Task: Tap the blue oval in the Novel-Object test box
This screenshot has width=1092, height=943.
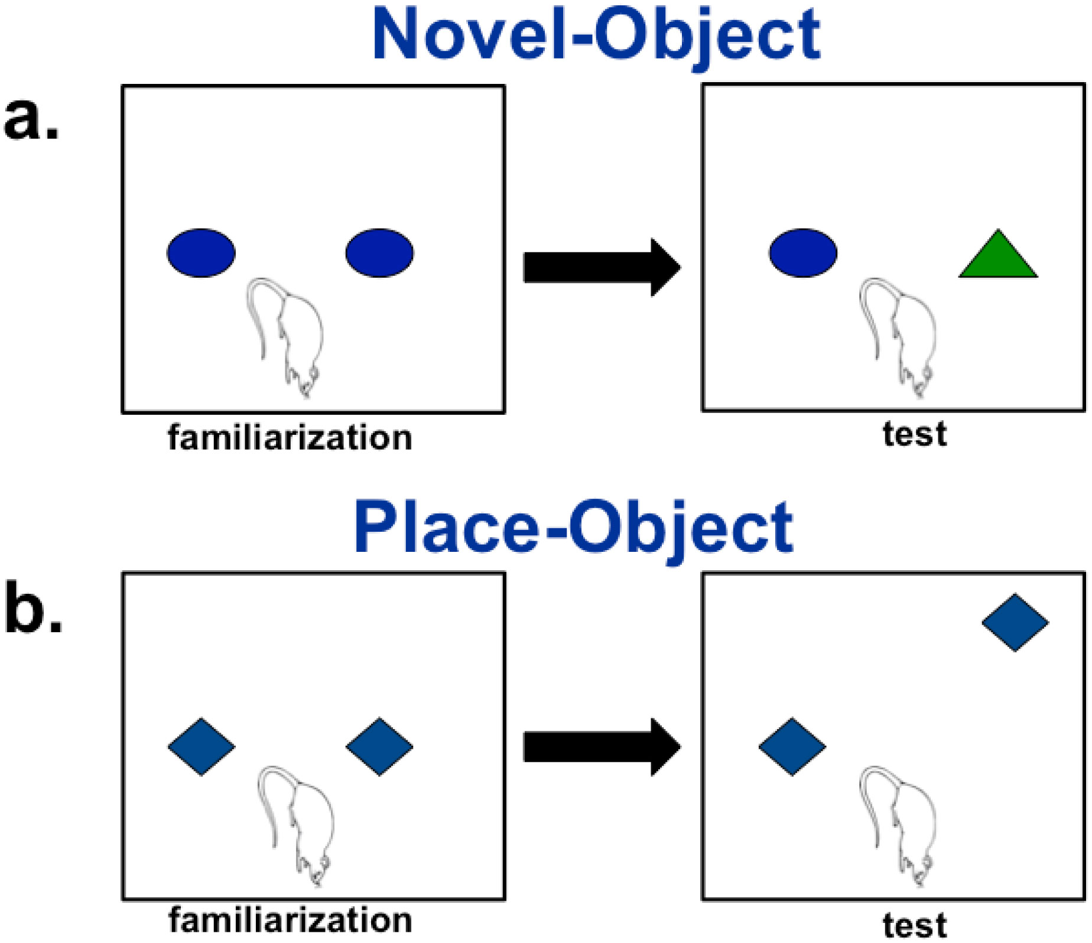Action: click(803, 253)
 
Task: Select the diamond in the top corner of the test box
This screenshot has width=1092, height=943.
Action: click(1015, 623)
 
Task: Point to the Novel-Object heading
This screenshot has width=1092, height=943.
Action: click(596, 37)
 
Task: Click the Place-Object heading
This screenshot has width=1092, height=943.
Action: click(573, 528)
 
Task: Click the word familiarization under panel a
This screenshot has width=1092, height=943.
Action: click(290, 438)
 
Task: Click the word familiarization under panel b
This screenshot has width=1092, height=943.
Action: click(290, 921)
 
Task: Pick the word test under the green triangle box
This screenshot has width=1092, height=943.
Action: click(915, 435)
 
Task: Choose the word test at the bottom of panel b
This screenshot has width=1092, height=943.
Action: click(915, 925)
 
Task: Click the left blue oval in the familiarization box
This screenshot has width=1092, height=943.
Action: click(201, 253)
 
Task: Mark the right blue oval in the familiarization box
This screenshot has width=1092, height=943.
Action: click(379, 253)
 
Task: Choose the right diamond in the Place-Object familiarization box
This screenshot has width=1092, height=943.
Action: click(379, 747)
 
